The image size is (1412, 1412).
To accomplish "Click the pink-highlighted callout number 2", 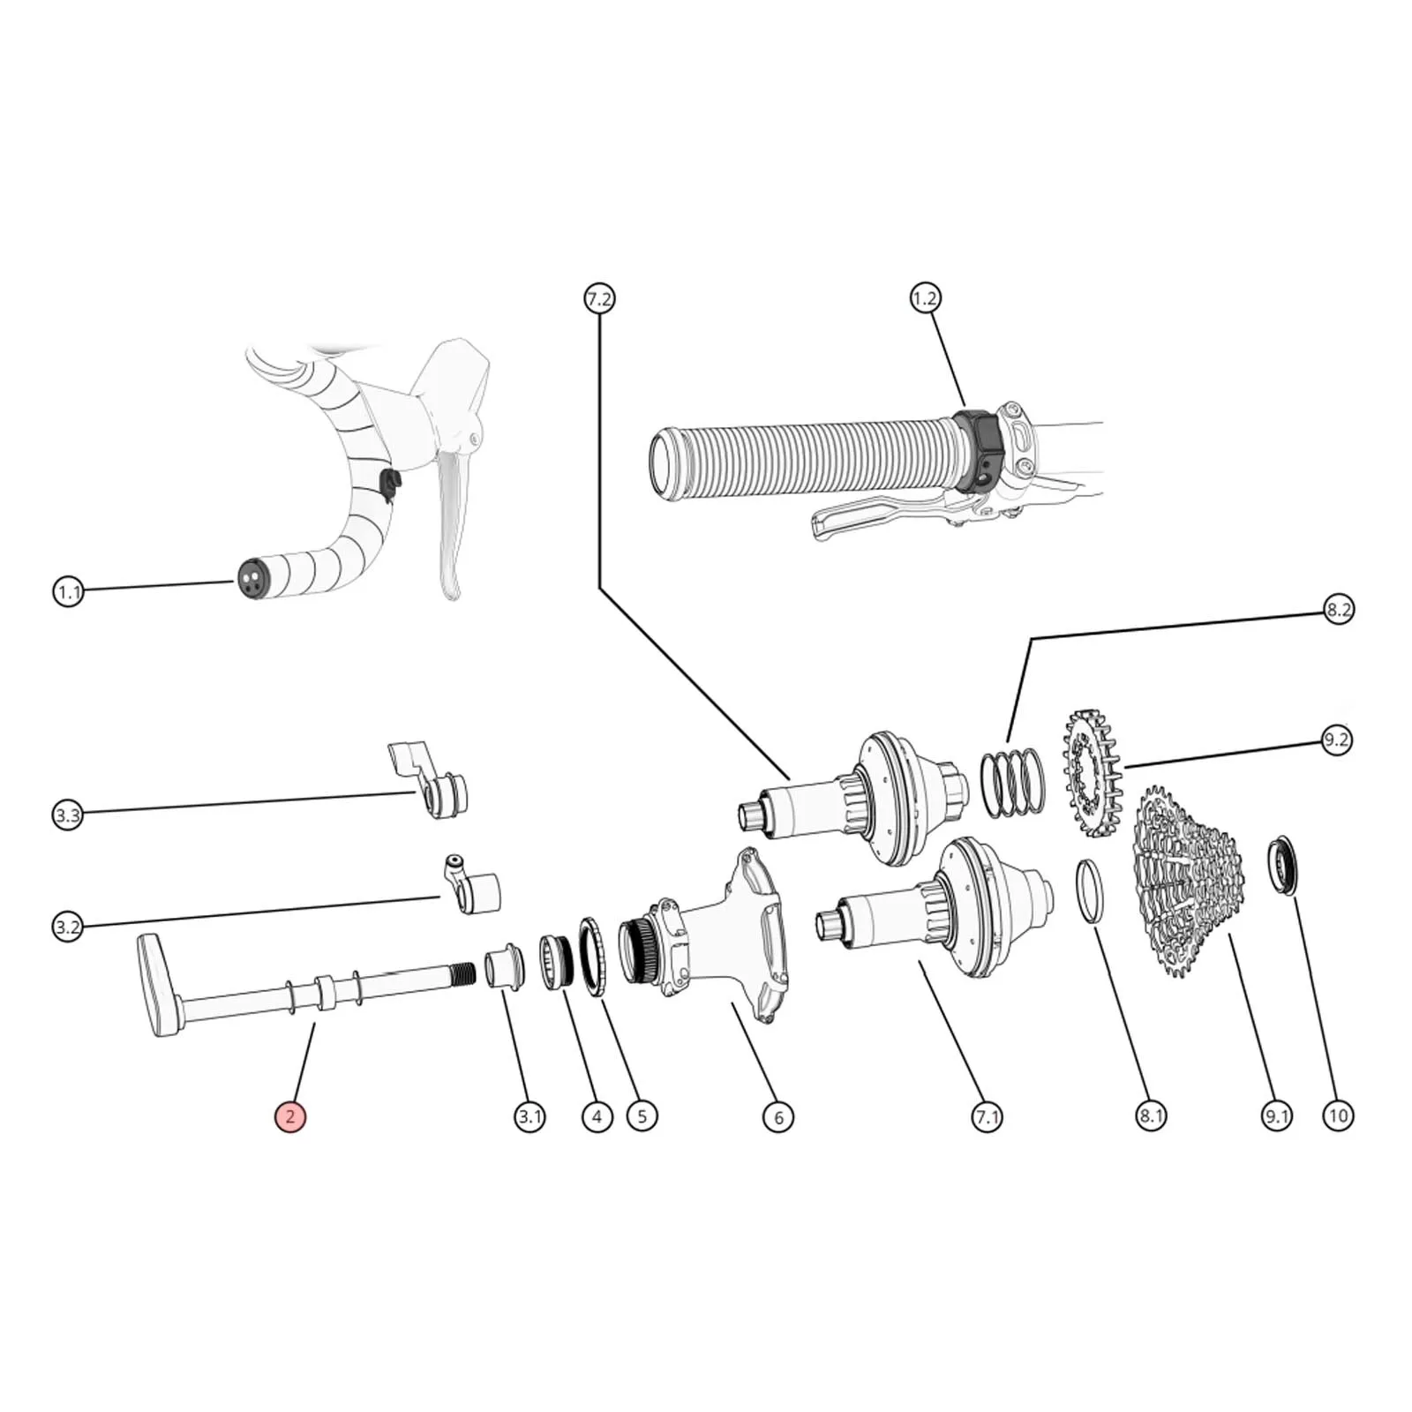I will [289, 1116].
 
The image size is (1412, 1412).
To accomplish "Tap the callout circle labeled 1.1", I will [68, 591].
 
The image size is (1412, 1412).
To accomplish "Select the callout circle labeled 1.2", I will [925, 298].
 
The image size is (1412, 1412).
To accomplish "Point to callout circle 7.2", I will [598, 298].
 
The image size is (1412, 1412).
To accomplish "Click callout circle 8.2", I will [1338, 609].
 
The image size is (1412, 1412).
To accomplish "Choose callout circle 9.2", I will [1336, 739].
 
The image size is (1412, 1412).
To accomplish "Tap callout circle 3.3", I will [68, 815].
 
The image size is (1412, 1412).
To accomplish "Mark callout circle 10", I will [1338, 1115].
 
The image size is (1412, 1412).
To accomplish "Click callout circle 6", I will [777, 1116].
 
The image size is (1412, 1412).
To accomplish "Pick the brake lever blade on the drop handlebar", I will [450, 521].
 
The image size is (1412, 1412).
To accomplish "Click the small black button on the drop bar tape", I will [389, 483].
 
